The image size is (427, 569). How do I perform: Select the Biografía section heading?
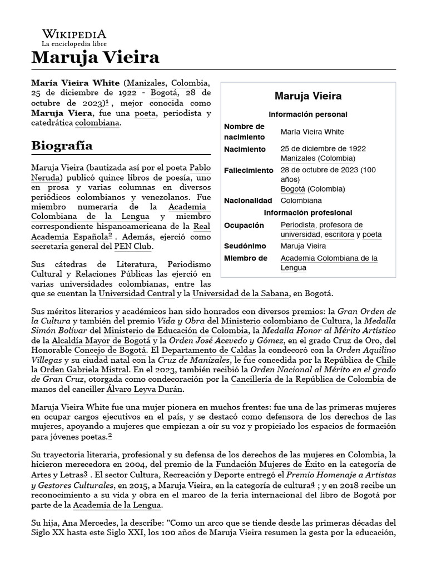pyautogui.click(x=62, y=146)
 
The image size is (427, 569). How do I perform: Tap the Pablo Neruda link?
pyautogui.click(x=200, y=167)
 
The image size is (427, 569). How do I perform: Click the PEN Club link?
pyautogui.click(x=134, y=247)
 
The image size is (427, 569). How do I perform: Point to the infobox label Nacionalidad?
pyautogui.click(x=248, y=201)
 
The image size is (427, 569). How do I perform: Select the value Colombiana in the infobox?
pyautogui.click(x=301, y=201)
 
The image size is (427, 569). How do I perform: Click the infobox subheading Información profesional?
pyautogui.click(x=307, y=213)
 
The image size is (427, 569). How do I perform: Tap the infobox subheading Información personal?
pyautogui.click(x=307, y=114)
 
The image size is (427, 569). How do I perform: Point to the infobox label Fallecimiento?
pyautogui.click(x=249, y=171)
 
